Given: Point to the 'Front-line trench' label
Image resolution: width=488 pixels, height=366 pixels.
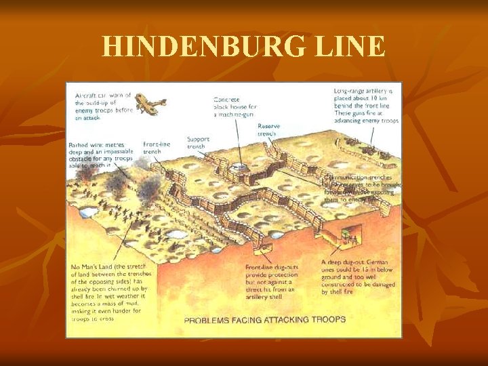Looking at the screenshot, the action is coord(157,148).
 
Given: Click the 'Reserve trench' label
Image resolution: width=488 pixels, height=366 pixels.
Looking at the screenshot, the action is coord(269,130).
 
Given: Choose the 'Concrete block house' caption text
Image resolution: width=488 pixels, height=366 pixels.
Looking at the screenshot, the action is coord(233,106).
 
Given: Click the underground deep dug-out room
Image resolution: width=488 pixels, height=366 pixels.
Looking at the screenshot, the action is coord(349,237).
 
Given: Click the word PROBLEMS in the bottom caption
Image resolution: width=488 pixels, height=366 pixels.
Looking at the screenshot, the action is coord(211,319).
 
